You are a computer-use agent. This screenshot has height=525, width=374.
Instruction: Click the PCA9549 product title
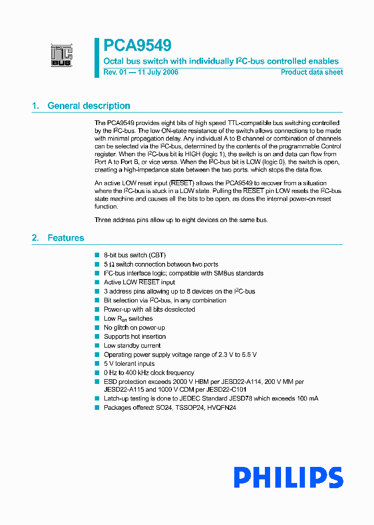[138, 46]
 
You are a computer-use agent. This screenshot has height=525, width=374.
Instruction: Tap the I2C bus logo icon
[61, 56]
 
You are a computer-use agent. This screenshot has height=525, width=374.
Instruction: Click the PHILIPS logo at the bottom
[288, 477]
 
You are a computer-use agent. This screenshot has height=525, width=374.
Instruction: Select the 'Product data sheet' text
[312, 72]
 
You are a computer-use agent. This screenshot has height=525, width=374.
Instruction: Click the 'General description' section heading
[89, 106]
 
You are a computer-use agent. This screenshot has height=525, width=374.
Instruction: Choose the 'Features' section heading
[65, 238]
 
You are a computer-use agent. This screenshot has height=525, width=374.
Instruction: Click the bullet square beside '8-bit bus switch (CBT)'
[97, 255]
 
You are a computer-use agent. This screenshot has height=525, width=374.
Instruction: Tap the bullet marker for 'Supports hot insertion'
[97, 337]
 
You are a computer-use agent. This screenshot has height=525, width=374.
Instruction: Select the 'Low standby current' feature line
[132, 346]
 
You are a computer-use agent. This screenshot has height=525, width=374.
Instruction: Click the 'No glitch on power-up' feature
[134, 327]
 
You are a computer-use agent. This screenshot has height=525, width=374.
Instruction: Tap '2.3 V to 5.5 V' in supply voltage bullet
[235, 355]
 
